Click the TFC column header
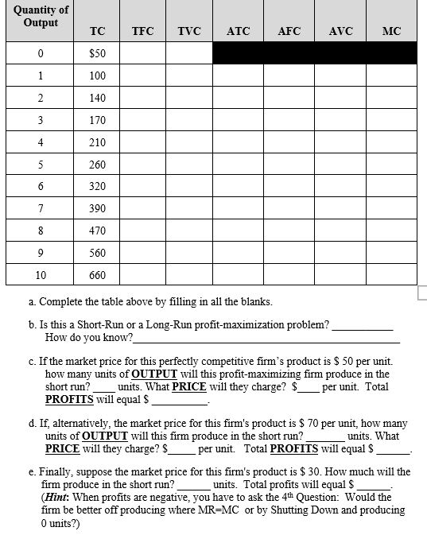[142, 31]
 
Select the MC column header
[391, 31]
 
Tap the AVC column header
[340, 31]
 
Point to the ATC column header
[238, 31]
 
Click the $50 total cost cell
[98, 53]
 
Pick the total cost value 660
[98, 276]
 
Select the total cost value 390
[98, 209]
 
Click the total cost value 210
[98, 142]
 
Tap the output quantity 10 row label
[41, 276]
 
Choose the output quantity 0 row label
[41, 53]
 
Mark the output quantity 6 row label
[41, 187]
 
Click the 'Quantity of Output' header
[41, 16]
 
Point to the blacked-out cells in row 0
[314, 53]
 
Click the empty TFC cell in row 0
[142, 53]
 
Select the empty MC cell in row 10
[391, 276]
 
